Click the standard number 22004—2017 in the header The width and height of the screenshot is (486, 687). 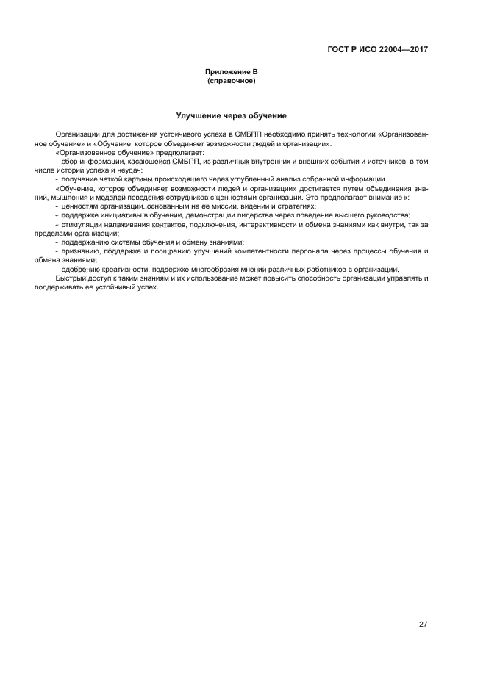402,50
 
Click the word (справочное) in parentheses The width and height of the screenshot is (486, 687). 231,80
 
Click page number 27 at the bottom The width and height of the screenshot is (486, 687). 423,625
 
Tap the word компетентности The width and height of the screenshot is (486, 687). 255,251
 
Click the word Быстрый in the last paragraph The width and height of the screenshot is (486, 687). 70,278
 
